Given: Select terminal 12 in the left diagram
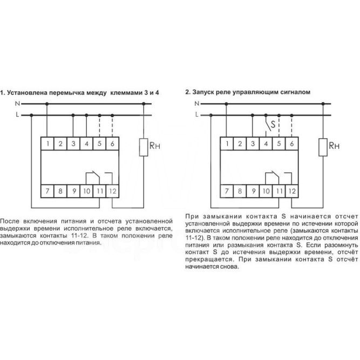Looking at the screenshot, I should coord(112,191).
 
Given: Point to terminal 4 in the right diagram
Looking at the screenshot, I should coord(265,144).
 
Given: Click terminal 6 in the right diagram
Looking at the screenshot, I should coord(291,144).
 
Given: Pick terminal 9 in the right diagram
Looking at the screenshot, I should coord(252,191).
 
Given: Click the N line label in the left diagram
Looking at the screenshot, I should coord(17,104).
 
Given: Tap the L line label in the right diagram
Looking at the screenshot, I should coord(197,114).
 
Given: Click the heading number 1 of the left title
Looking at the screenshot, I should coord(2,92).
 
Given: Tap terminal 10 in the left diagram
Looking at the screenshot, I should coord(86,191).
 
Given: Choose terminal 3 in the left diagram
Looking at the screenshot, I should coord(73,144).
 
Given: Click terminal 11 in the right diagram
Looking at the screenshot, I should coord(279,191).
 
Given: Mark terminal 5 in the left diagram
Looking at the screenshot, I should coord(100,144).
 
